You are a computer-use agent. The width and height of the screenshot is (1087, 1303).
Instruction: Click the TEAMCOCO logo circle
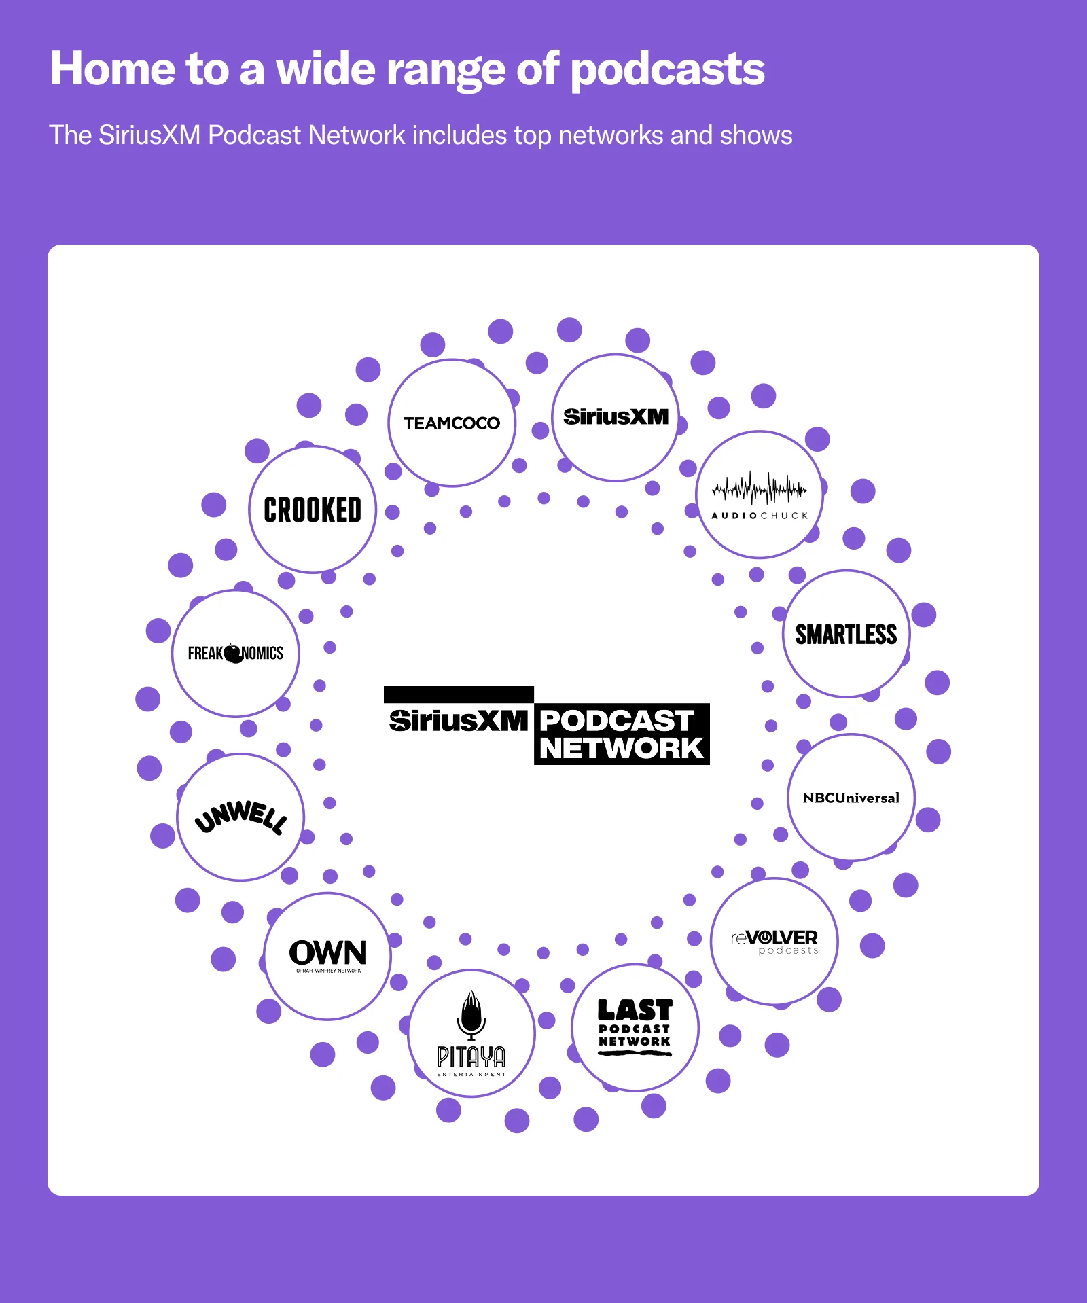[452, 423]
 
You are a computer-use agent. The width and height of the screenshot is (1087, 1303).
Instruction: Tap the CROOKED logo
[313, 510]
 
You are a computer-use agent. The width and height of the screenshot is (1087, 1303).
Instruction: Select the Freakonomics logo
[236, 653]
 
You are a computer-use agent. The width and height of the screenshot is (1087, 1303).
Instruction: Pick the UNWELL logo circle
[240, 817]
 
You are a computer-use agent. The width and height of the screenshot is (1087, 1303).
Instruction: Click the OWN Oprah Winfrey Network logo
[327, 955]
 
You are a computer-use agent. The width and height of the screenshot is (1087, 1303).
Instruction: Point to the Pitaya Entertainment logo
[471, 1033]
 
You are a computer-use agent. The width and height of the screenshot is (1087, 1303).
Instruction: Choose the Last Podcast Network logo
[635, 1027]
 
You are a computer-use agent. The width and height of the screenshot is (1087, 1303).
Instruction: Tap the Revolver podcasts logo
[774, 941]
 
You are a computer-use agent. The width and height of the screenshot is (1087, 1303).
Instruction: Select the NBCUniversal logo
[851, 798]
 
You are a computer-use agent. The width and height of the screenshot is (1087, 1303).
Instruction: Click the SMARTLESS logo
[846, 634]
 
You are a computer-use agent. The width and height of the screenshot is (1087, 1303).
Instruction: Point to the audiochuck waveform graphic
[759, 488]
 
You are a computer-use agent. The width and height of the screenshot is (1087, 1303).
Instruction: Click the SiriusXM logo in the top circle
[616, 416]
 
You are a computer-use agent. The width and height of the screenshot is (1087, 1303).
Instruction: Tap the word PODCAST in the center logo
[616, 720]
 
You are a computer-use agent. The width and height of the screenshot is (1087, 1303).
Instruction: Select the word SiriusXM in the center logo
[459, 721]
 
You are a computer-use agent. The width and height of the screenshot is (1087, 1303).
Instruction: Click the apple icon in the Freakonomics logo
[234, 653]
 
